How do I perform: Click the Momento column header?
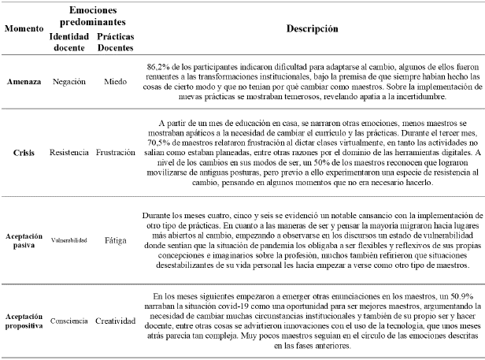(22, 28)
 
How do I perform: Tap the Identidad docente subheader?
(68, 41)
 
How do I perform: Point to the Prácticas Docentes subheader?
(116, 41)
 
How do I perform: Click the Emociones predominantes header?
(91, 14)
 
